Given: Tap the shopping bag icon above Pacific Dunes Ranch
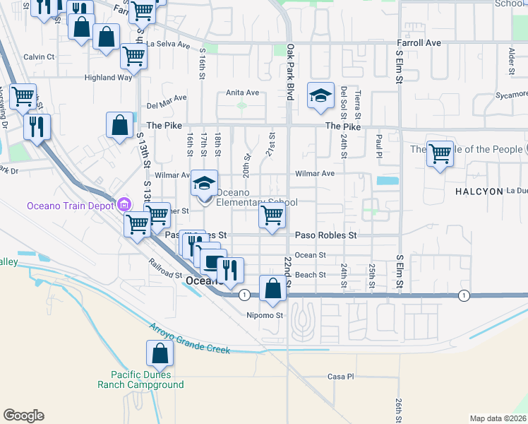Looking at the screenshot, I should tap(160, 353).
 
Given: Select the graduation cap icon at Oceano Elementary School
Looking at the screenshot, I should tap(204, 185).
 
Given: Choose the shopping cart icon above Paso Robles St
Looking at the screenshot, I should tap(272, 215).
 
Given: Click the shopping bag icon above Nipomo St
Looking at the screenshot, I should tap(272, 289).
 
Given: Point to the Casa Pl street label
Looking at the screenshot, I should tap(340, 377).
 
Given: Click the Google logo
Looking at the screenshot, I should tap(23, 416).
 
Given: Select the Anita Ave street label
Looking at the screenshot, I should tap(242, 93).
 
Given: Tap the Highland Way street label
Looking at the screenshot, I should tap(108, 78).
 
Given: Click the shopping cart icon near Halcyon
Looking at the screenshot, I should tap(440, 153).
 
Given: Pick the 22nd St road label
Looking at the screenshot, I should tap(288, 269).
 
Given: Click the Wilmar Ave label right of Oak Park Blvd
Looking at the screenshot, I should tap(314, 173).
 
